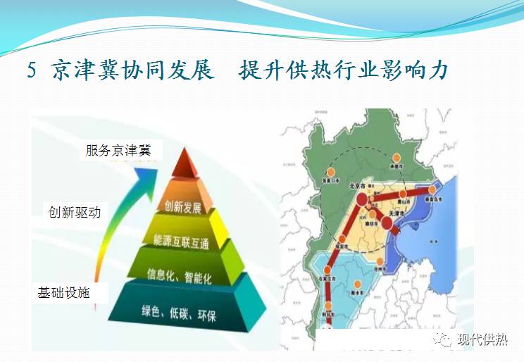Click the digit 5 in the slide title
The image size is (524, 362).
(32, 71)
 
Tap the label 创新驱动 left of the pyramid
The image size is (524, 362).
(74, 211)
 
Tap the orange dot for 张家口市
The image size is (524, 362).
(330, 172)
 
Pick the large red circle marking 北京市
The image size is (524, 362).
(362, 200)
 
